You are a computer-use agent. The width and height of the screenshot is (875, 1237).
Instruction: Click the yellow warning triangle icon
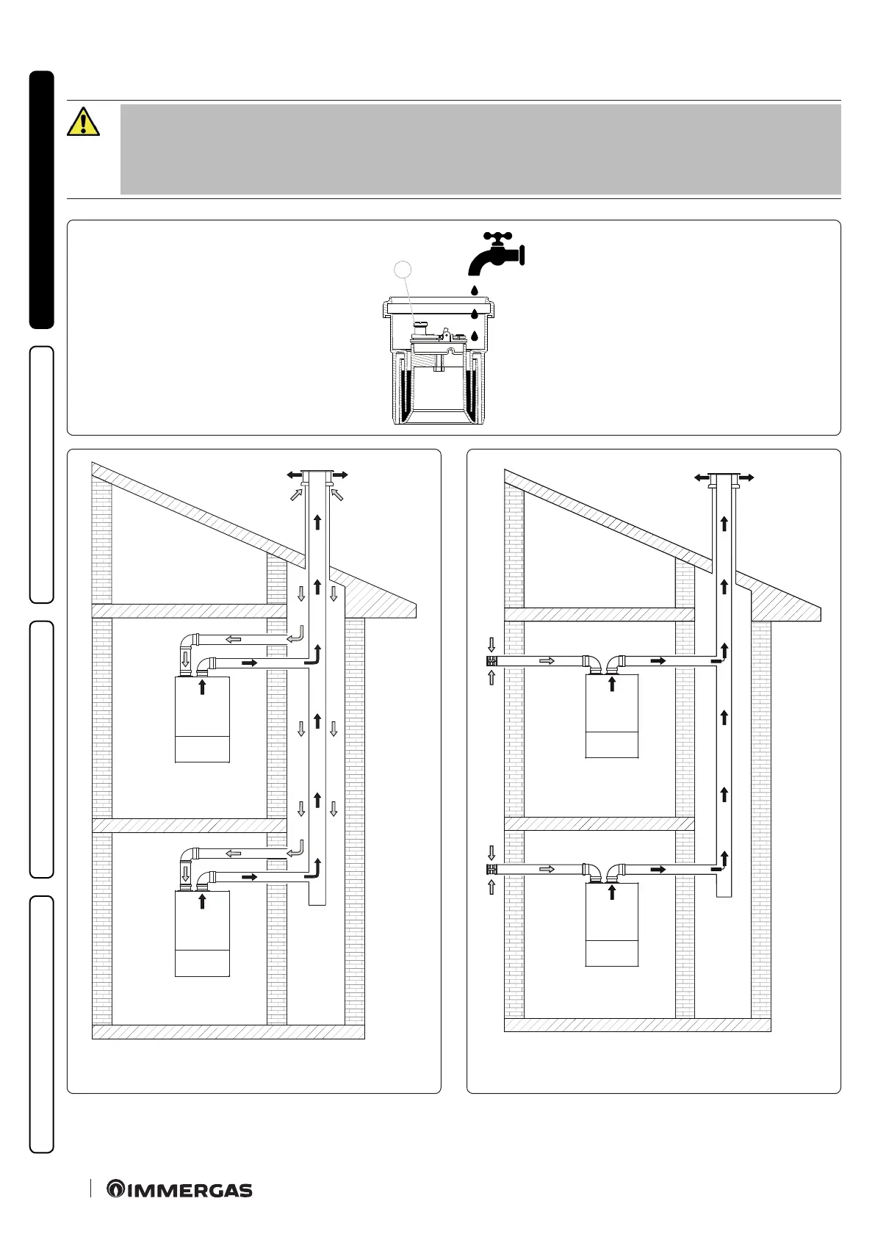pyautogui.click(x=83, y=121)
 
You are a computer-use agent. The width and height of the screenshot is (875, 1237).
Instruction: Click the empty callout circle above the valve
pyautogui.click(x=403, y=270)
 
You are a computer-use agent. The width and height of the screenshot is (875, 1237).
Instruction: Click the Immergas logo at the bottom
pyautogui.click(x=179, y=1189)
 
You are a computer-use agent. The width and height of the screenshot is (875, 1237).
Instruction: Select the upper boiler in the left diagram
pyautogui.click(x=202, y=720)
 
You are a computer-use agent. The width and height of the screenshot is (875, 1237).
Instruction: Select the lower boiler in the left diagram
pyautogui.click(x=202, y=934)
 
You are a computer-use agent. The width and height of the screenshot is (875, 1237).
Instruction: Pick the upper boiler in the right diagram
pyautogui.click(x=611, y=715)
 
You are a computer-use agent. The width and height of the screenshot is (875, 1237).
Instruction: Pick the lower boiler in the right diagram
pyautogui.click(x=611, y=924)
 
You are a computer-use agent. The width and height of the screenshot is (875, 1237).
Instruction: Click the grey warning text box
pyautogui.click(x=480, y=149)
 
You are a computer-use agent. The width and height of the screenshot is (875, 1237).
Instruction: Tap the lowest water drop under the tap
pyautogui.click(x=474, y=336)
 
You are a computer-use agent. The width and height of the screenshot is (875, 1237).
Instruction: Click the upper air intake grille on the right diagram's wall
pyautogui.click(x=491, y=661)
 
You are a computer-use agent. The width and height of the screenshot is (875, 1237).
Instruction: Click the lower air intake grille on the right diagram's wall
pyautogui.click(x=491, y=870)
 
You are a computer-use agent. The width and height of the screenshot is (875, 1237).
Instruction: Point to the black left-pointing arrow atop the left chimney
pyautogui.click(x=294, y=475)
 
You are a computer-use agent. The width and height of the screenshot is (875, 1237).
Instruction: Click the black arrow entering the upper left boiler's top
pyautogui.click(x=202, y=688)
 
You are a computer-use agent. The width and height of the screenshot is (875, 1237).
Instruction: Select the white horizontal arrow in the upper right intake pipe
pyautogui.click(x=547, y=661)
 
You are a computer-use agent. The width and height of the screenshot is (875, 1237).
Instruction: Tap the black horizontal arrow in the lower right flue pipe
pyautogui.click(x=658, y=870)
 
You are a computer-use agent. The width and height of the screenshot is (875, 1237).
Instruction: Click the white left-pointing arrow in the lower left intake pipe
pyautogui.click(x=233, y=854)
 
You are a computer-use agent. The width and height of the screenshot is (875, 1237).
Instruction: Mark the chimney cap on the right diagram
pyautogui.click(x=724, y=475)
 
